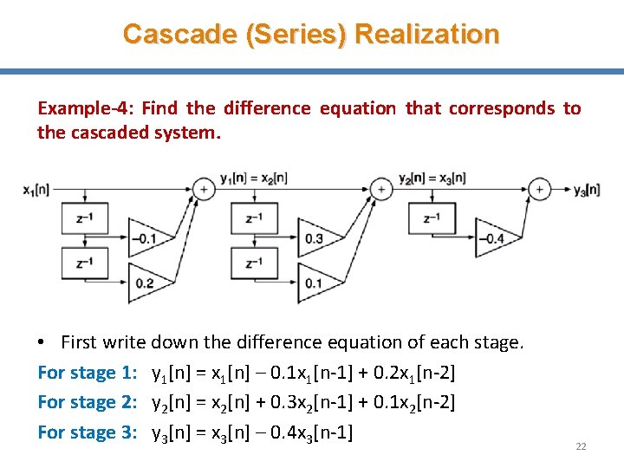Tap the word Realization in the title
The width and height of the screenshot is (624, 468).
coord(427,34)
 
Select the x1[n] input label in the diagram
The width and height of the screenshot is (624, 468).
coord(36,189)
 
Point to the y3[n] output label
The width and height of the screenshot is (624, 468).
coord(587,189)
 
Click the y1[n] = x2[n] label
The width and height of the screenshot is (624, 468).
coord(254,178)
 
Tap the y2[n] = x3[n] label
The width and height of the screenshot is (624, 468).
coord(432,178)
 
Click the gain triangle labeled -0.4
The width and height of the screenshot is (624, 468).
coord(492,237)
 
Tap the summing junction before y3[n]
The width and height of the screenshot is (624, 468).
coord(540,188)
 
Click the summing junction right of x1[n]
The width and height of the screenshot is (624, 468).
coord(203,188)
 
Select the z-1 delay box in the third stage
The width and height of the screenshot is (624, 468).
coord(432,218)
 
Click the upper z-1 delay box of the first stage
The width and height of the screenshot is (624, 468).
coord(85,218)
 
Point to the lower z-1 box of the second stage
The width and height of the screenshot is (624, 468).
coord(254,263)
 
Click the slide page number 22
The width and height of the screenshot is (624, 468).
coord(581,446)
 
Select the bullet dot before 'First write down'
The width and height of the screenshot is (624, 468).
coord(42,343)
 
